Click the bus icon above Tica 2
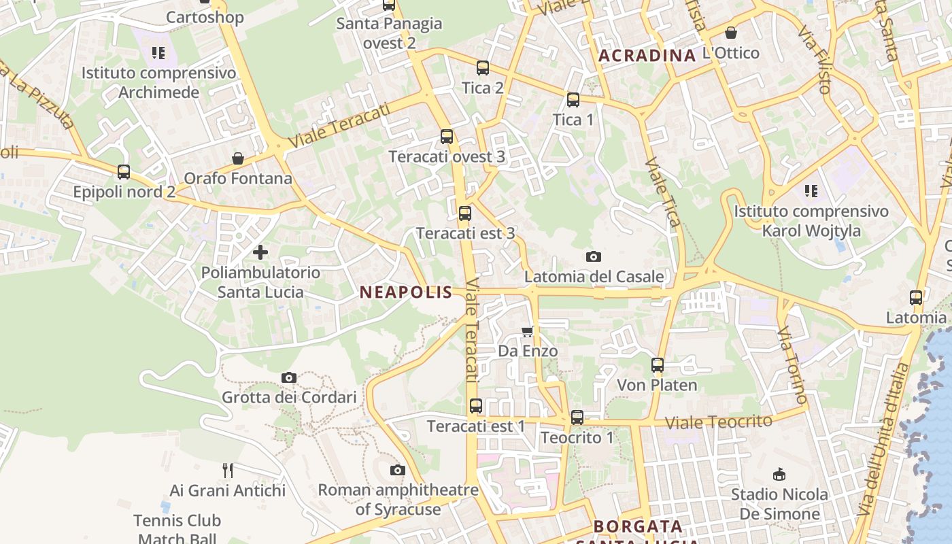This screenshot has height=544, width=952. tap(483, 68)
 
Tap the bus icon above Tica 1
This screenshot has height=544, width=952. tap(573, 100)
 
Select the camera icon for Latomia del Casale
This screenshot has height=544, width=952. tap(594, 256)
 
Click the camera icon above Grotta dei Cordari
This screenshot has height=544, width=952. tap(289, 377)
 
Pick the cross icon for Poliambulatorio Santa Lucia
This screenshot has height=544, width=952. tap(260, 252)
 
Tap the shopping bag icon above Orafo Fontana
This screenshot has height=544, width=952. tap(238, 158)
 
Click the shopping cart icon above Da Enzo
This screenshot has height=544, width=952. tap(528, 331)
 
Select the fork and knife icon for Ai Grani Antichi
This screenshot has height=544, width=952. tap(228, 470)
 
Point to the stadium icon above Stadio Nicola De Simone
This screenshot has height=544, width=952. tap(780, 474)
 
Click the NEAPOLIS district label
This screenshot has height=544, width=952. tap(406, 292)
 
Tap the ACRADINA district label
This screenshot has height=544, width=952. tap(647, 56)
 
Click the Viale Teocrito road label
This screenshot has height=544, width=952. tap(719, 422)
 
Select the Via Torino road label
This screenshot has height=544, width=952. tap(793, 364)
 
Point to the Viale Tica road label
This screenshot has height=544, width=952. tap(663, 192)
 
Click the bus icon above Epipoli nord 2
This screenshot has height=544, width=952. tap(124, 172)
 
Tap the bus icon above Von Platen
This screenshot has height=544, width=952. tap(658, 365)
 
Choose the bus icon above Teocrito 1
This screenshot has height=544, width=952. tap(577, 418)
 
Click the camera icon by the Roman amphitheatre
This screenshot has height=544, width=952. tap(398, 470)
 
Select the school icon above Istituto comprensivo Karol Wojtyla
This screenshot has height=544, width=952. tap(811, 191)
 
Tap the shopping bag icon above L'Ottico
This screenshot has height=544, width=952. tap(731, 33)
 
